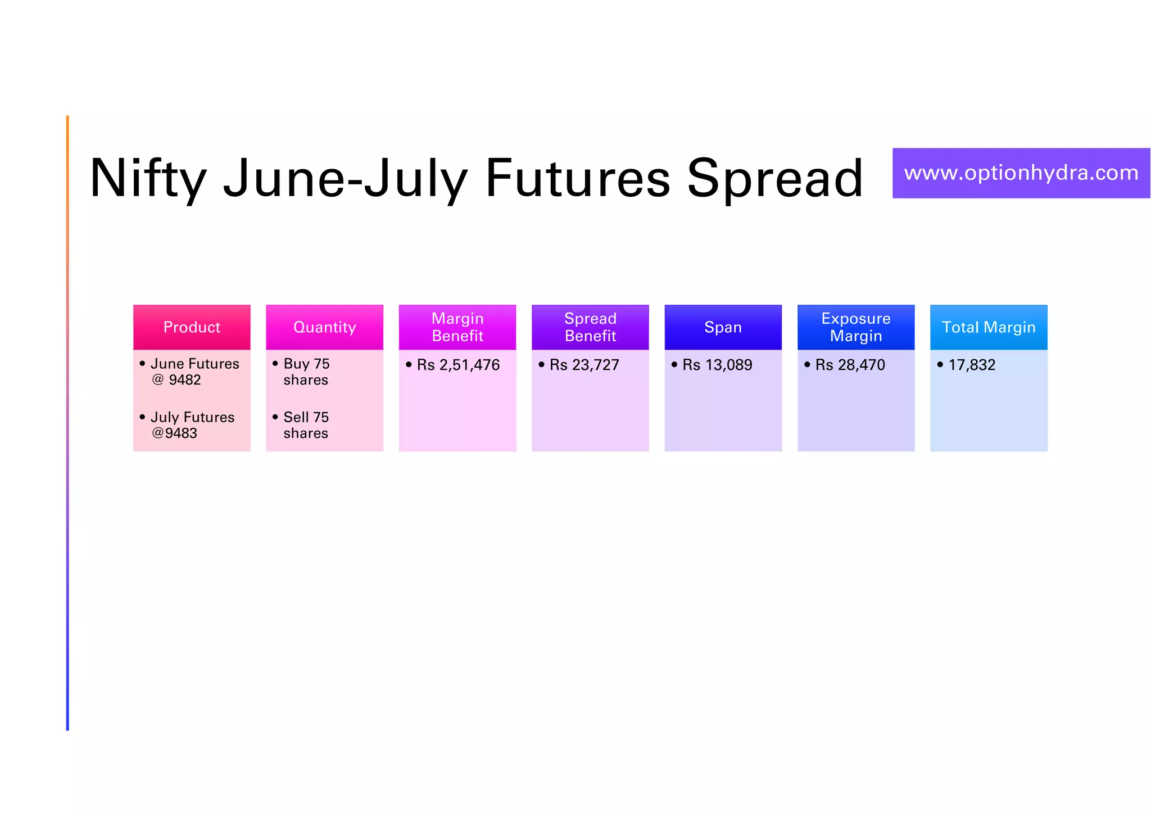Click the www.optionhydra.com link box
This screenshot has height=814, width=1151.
click(1021, 173)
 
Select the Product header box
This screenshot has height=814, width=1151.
click(192, 327)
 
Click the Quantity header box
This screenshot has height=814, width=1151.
click(324, 327)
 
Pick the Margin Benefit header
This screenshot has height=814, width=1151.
click(457, 327)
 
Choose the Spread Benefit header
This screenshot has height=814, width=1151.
click(590, 327)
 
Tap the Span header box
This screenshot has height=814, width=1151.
click(723, 327)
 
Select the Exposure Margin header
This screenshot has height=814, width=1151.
click(855, 327)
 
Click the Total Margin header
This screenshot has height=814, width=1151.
click(989, 327)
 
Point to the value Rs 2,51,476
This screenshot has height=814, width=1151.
click(458, 365)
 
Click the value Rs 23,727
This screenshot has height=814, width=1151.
click(584, 365)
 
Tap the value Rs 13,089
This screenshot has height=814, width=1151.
click(717, 365)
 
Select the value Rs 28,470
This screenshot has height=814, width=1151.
click(850, 365)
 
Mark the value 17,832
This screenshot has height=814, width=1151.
click(972, 365)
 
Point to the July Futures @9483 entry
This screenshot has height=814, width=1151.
click(192, 425)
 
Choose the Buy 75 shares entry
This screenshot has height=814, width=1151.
click(306, 372)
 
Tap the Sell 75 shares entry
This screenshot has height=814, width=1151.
click(306, 425)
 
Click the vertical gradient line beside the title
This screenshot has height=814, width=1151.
click(67, 422)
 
